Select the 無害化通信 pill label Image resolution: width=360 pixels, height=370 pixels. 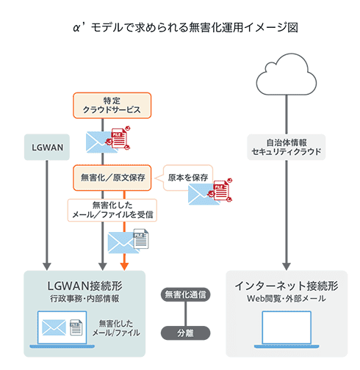[x=184, y=295]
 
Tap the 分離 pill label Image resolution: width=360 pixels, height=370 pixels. [x=184, y=332]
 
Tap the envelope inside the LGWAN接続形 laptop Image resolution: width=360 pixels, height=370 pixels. [x=54, y=327]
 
